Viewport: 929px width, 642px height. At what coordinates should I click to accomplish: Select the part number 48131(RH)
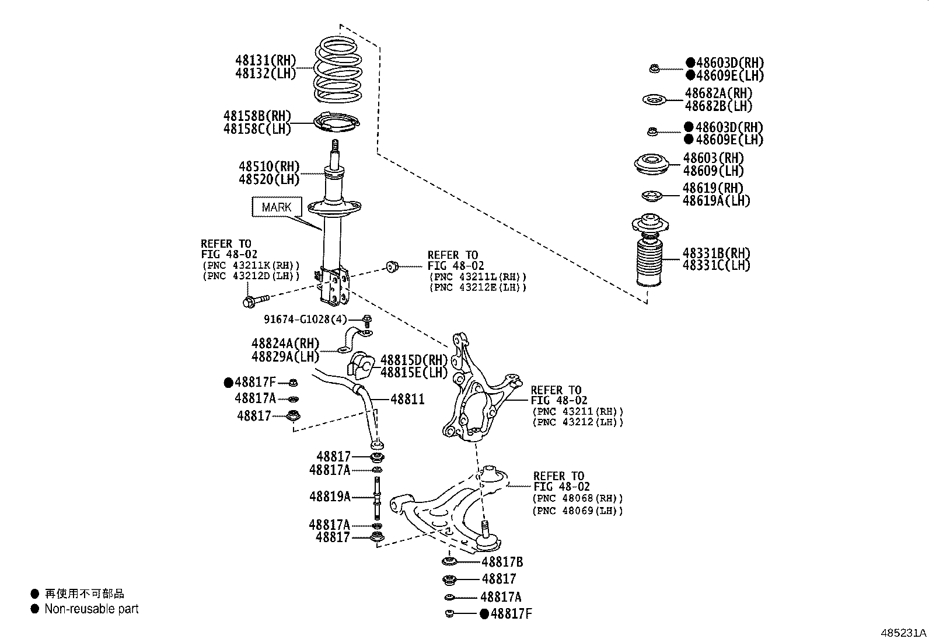click(x=266, y=60)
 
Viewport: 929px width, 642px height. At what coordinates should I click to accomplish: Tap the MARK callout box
click(x=277, y=207)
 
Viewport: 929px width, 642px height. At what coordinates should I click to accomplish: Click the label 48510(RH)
click(x=268, y=166)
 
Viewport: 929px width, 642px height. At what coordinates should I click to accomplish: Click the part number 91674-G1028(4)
click(x=305, y=320)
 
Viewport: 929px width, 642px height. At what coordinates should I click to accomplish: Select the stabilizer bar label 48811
click(x=407, y=400)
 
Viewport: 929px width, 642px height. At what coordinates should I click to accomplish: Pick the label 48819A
click(x=330, y=497)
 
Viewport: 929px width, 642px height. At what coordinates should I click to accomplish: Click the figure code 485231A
click(x=903, y=633)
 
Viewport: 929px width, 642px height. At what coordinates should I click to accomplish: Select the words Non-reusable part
click(x=92, y=609)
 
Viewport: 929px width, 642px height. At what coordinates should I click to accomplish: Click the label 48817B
click(x=502, y=562)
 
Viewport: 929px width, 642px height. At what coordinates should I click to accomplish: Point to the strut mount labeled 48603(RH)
click(x=651, y=164)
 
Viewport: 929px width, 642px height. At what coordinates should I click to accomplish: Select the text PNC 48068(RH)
click(x=577, y=498)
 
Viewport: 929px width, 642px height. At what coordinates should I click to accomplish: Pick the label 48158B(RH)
click(x=257, y=116)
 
